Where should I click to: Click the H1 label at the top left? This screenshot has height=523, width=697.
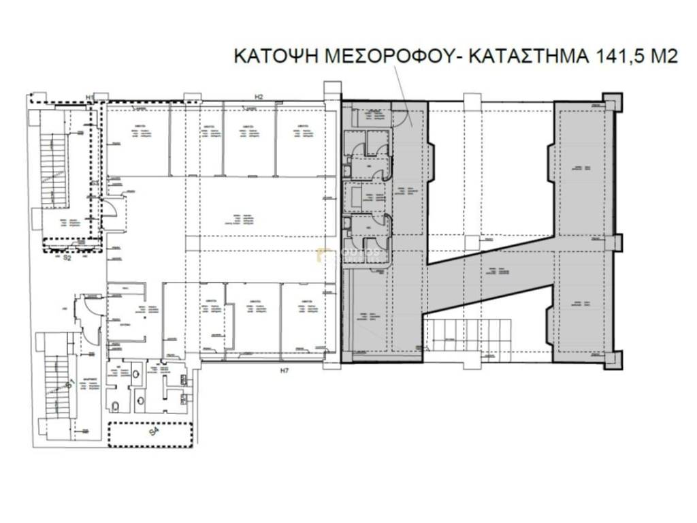(x=90, y=97)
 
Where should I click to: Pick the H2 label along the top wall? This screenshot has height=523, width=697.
(x=259, y=96)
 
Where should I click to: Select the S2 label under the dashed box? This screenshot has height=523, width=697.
(x=67, y=259)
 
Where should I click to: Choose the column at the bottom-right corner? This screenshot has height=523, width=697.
(x=612, y=362)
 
